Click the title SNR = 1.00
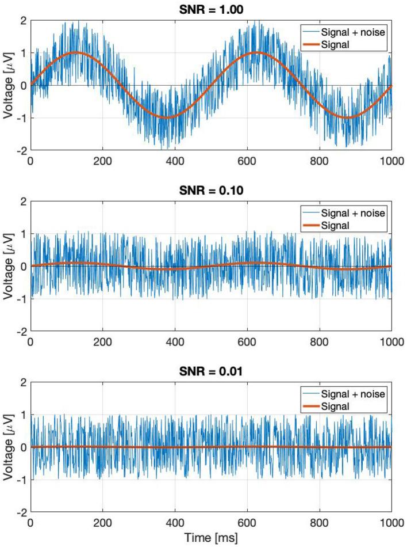(x=210, y=9)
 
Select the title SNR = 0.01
(x=210, y=370)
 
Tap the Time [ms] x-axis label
(x=210, y=538)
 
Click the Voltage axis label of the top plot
(x=8, y=85)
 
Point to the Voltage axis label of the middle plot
(x=8, y=266)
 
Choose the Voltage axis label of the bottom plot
(x=8, y=447)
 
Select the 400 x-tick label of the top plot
(x=174, y=162)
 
